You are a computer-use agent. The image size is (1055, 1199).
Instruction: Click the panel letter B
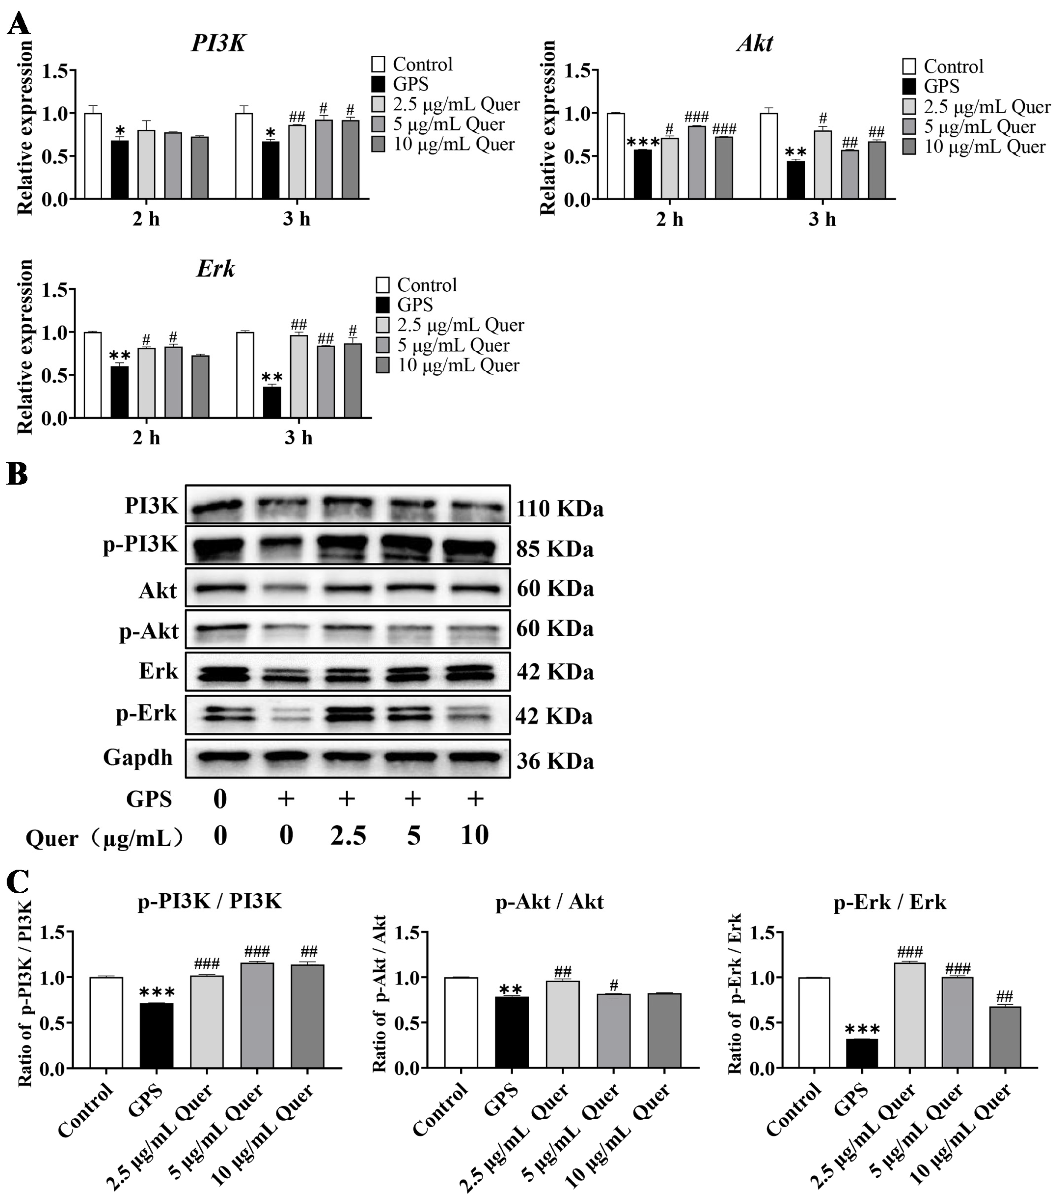point(18,474)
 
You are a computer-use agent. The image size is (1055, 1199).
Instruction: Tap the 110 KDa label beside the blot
point(560,508)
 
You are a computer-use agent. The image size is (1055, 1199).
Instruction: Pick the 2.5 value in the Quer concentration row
point(348,835)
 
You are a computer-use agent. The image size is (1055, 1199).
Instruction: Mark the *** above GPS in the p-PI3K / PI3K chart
point(157,993)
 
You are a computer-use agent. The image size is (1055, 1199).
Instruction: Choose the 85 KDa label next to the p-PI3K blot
point(555,549)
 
